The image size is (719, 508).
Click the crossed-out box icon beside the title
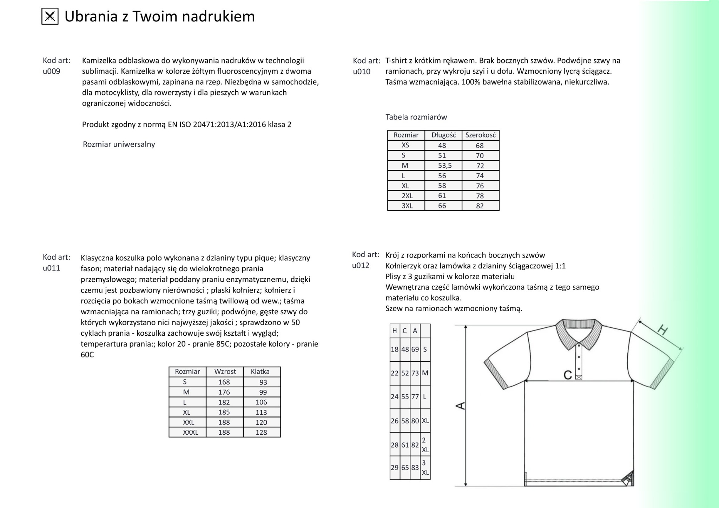pos(50,16)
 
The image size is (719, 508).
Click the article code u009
pos(52,72)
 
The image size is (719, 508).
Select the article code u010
pos(362,72)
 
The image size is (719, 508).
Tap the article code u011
pos(52,268)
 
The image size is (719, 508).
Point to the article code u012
pos(361,266)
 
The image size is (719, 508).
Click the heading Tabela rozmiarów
pos(416,117)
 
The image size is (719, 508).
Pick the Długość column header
pos(443,135)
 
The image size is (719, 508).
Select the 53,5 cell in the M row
pos(444,166)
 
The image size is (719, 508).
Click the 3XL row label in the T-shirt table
pos(407,206)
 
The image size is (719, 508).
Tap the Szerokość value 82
pos(480,206)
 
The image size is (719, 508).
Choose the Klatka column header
pos(260,372)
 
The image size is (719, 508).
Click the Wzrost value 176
pos(224,392)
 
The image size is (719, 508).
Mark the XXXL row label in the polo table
pos(190,433)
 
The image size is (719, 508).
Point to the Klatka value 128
pos(261,433)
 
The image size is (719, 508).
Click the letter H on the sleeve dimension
pos(662,330)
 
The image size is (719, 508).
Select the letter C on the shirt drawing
pos(567,375)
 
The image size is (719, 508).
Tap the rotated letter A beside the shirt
pos(460,406)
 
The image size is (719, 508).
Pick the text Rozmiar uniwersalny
pos(119,145)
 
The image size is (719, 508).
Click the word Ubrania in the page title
pos(91,16)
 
